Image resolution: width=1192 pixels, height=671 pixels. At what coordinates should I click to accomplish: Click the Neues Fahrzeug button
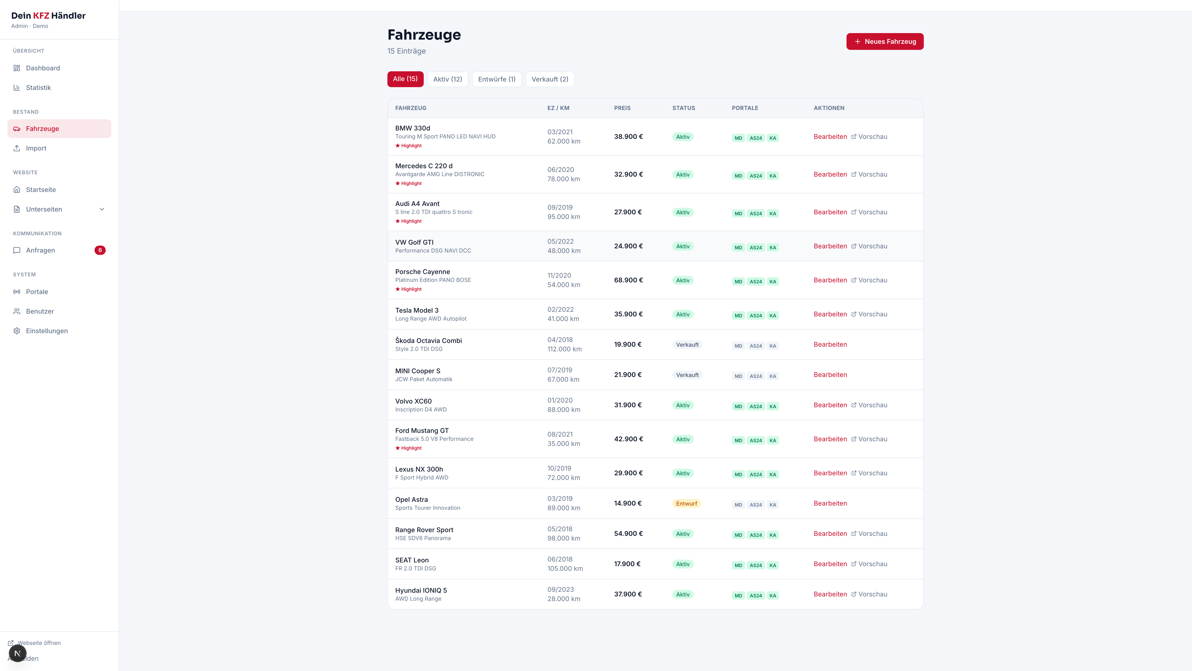[885, 41]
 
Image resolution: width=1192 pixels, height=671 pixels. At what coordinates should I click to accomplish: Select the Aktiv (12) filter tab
[447, 79]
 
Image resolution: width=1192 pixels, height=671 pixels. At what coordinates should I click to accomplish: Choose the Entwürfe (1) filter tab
[497, 79]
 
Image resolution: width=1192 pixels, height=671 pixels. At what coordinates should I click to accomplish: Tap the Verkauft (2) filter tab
[550, 79]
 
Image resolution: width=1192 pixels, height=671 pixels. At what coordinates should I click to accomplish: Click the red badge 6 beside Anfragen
[100, 250]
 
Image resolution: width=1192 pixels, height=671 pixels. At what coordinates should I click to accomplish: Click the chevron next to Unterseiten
[102, 209]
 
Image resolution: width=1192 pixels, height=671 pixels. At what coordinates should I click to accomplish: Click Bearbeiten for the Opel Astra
[830, 503]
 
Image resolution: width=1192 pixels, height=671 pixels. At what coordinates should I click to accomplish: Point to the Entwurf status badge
[686, 503]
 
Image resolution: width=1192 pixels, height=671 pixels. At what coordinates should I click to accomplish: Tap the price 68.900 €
[628, 280]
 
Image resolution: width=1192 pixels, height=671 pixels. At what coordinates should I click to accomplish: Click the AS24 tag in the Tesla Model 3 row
[756, 315]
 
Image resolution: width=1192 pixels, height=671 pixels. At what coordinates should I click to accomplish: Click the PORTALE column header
[745, 108]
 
